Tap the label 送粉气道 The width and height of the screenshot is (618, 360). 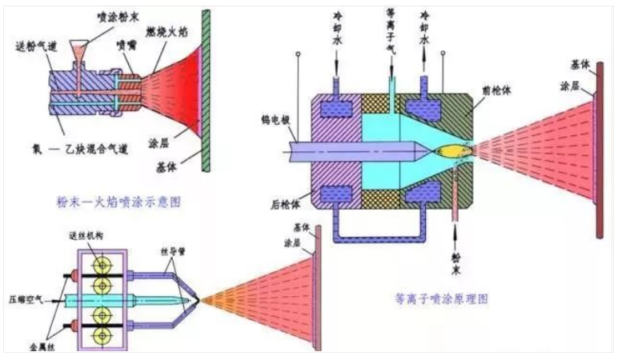[x=38, y=46]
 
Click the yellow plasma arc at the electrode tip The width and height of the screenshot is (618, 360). [x=451, y=150]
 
